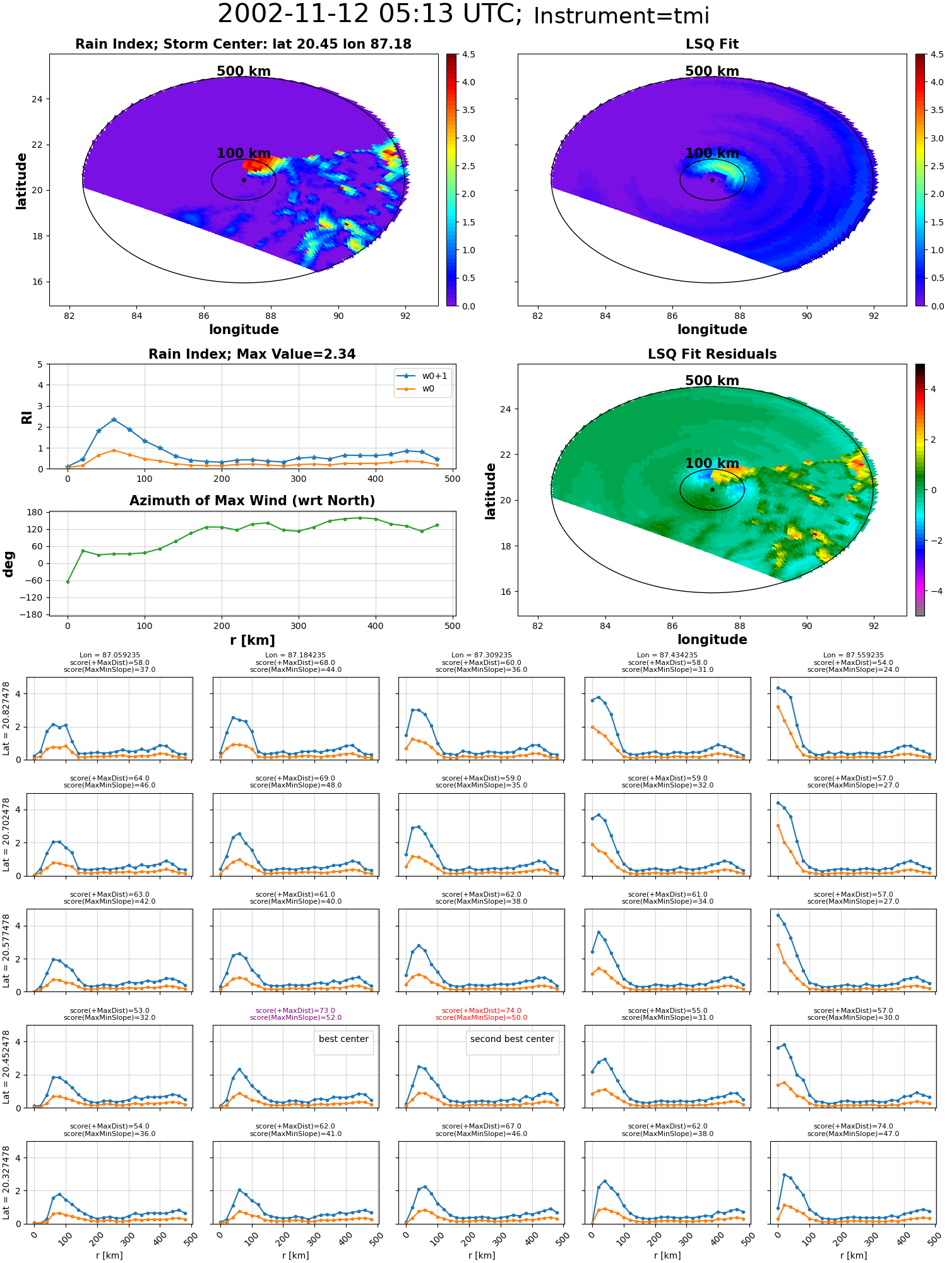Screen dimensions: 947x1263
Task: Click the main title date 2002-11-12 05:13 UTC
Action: click(369, 14)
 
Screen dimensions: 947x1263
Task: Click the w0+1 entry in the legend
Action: click(423, 376)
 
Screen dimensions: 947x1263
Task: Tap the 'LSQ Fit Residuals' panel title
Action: click(712, 354)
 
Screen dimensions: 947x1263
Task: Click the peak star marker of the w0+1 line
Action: click(114, 419)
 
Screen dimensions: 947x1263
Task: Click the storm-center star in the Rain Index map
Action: click(244, 180)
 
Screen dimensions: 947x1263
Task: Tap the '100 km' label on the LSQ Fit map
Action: click(712, 153)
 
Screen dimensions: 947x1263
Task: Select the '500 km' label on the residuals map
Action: click(712, 381)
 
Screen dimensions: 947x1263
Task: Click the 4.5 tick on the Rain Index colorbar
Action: click(468, 54)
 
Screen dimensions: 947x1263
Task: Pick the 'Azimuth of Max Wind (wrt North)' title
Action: click(252, 501)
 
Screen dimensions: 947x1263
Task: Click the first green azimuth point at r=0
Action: click(68, 582)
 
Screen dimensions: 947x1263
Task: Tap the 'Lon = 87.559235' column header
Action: click(853, 655)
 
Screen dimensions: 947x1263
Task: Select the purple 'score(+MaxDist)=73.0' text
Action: click(295, 1010)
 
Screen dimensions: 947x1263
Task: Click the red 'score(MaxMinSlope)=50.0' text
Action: click(481, 1017)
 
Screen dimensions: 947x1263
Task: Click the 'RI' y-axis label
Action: click(27, 417)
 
